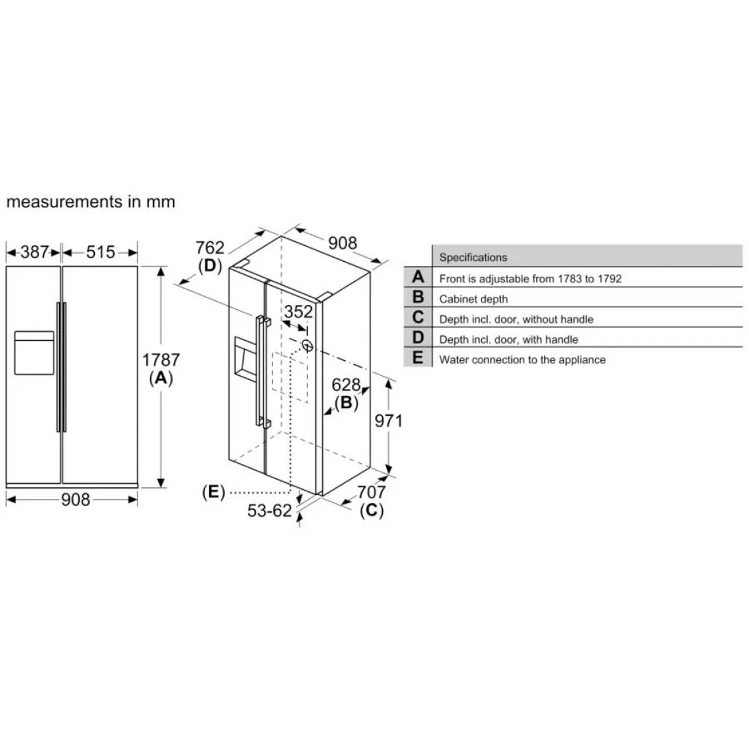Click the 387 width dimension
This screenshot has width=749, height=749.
click(34, 252)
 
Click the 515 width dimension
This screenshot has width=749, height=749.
click(100, 252)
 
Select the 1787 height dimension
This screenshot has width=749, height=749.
click(161, 360)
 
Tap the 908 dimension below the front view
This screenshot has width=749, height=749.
click(76, 500)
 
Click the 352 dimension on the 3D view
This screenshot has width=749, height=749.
click(299, 312)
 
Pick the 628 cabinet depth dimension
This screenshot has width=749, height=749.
click(346, 385)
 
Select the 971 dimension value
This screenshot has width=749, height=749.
click(388, 421)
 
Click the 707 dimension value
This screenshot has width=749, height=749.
click(371, 492)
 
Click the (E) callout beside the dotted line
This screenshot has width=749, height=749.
click(214, 492)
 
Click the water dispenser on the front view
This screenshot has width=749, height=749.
click(34, 352)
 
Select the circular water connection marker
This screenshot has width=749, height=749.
click(307, 346)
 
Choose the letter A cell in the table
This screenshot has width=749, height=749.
click(418, 278)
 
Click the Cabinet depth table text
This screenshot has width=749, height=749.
click(473, 299)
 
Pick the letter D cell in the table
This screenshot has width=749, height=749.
click(418, 338)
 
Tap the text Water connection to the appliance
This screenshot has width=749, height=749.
click(522, 359)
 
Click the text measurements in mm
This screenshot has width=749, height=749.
click(91, 202)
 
